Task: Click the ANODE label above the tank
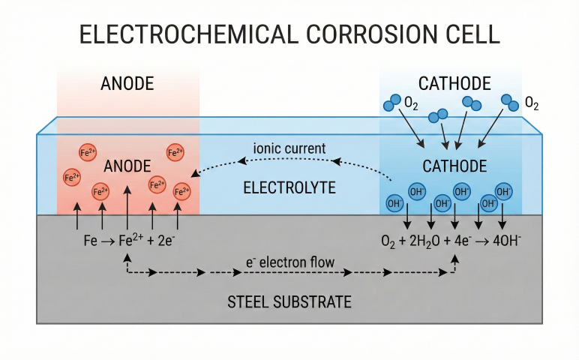127,84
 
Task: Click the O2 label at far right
532,103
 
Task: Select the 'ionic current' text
289,148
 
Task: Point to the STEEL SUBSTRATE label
289,302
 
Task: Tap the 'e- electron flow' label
290,263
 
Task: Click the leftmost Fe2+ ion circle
72,178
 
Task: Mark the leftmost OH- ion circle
393,202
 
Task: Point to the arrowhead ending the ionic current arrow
193,174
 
